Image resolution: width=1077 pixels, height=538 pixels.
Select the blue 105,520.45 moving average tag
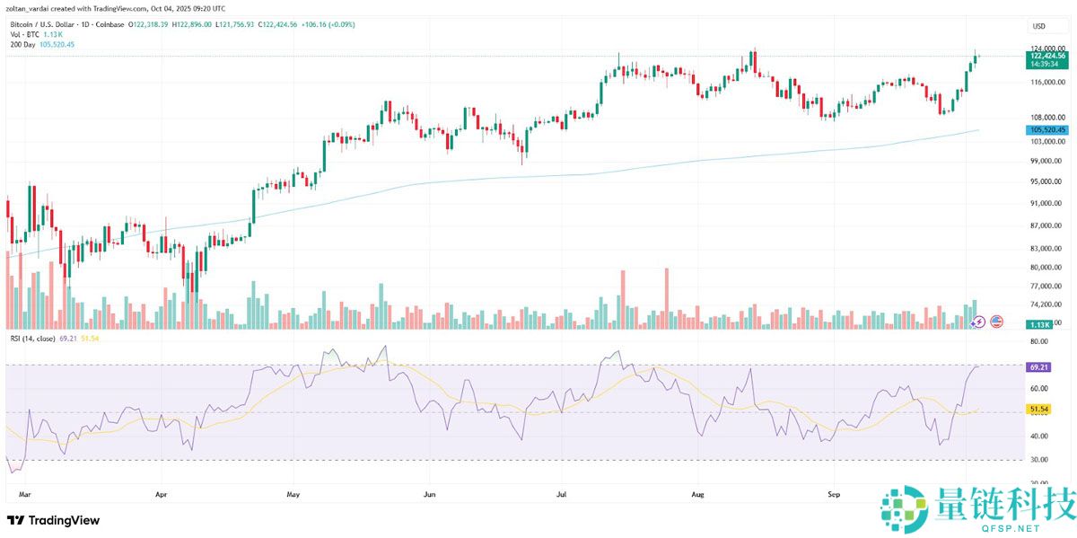tap(1047, 130)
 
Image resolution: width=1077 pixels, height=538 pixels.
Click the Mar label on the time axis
tap(24, 494)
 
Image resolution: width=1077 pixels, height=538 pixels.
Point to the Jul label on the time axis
tap(562, 494)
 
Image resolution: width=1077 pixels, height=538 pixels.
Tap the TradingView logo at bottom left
tap(54, 520)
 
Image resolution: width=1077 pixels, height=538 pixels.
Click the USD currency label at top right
tap(1039, 26)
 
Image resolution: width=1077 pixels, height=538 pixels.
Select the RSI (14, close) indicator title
tap(41, 338)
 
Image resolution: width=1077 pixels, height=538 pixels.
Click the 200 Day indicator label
tap(22, 43)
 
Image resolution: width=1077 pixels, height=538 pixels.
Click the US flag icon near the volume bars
tap(995, 321)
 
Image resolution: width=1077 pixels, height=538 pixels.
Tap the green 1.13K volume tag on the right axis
tap(1040, 324)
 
